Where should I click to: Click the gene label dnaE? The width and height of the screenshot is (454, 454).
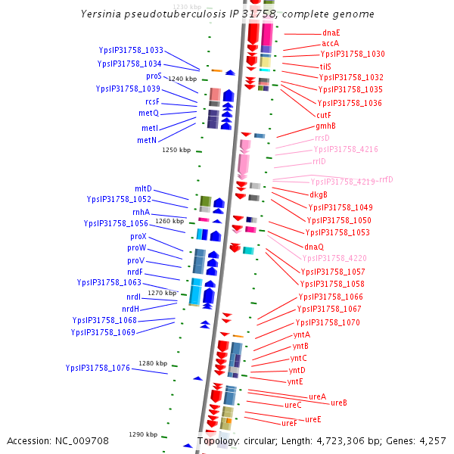(x=331, y=33)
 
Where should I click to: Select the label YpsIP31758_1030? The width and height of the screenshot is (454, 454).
(x=352, y=54)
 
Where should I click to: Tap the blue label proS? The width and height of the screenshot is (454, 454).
(x=154, y=76)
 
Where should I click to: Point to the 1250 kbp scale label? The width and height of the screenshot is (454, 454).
(x=176, y=150)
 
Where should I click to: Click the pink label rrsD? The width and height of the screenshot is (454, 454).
(x=322, y=138)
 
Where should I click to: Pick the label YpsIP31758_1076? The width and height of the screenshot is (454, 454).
(x=98, y=368)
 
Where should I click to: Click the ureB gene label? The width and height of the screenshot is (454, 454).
(x=338, y=403)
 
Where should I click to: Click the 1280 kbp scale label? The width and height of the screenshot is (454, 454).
(x=152, y=363)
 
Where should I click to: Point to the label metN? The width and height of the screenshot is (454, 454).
(x=147, y=140)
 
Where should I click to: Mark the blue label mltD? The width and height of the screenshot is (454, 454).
(x=143, y=188)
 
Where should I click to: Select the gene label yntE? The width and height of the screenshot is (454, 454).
(x=294, y=381)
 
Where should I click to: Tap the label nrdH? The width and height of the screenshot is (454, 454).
(x=130, y=309)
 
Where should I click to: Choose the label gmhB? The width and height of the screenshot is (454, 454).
(x=325, y=126)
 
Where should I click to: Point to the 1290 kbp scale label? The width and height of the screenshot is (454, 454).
(x=142, y=434)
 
